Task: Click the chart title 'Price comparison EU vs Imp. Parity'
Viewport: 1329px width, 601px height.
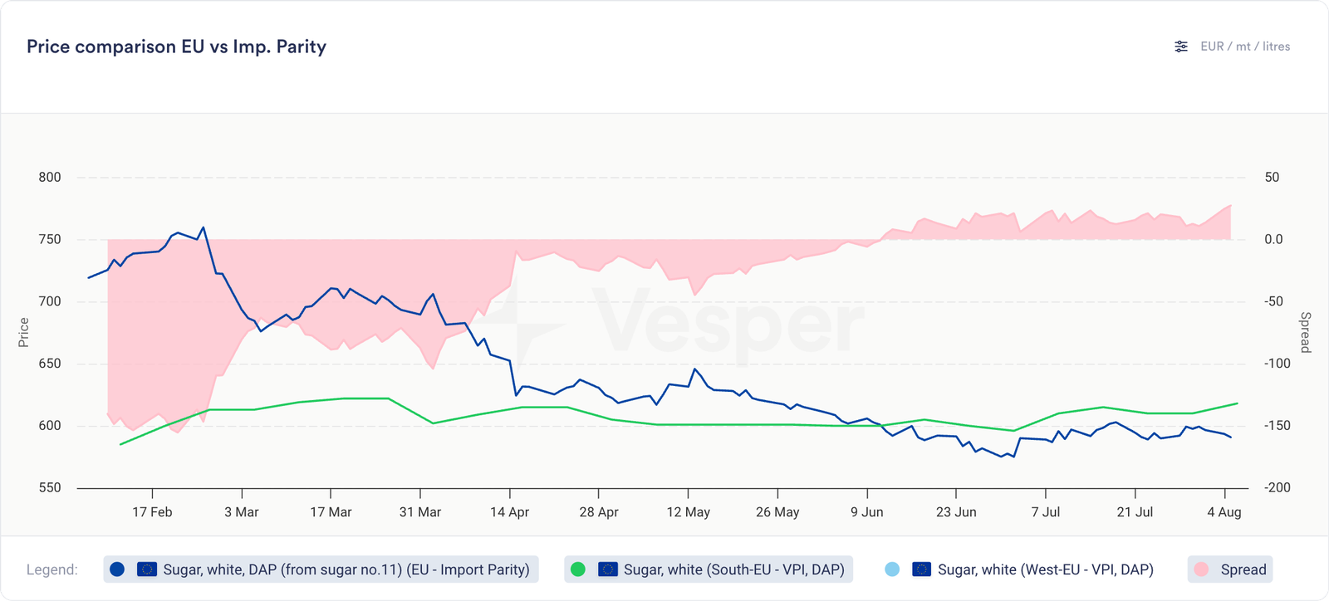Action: (176, 46)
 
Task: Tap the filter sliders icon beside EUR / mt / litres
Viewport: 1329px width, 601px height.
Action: (1181, 46)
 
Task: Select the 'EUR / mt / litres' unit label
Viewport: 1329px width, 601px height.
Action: (1245, 46)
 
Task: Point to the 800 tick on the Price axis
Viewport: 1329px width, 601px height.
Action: (50, 177)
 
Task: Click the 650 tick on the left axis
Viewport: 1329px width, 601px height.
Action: (50, 364)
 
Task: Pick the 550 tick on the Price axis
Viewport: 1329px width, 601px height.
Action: (50, 488)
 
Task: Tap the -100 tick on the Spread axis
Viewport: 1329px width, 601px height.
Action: (1278, 364)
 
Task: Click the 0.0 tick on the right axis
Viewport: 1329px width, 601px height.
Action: (1273, 239)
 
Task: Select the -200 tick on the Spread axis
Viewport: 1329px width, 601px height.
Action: (1278, 488)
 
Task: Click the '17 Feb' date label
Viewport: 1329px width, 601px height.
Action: (152, 512)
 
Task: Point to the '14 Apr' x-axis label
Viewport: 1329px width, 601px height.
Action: (509, 512)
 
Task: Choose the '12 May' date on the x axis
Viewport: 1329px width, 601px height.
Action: (688, 512)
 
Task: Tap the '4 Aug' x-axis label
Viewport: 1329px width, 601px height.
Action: (1224, 512)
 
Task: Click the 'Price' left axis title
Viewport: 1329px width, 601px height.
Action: (24, 332)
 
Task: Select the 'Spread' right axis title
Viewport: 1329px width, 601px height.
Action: (1305, 332)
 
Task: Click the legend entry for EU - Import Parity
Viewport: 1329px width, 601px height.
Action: (321, 569)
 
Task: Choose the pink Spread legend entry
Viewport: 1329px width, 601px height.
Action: (1230, 569)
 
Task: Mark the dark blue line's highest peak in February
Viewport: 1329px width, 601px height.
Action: (204, 227)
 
